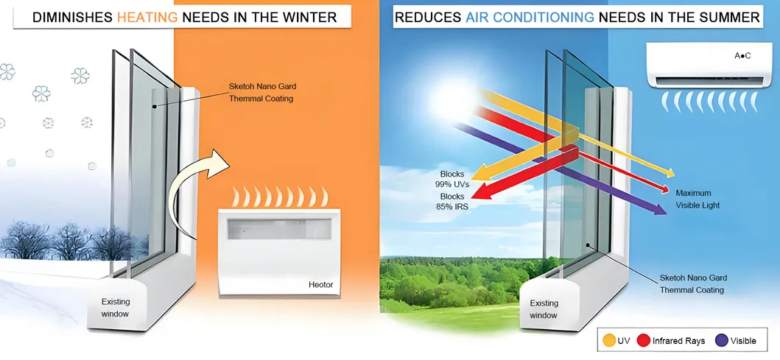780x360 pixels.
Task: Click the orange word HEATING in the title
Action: (146, 17)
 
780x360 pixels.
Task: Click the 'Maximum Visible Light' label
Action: (698, 200)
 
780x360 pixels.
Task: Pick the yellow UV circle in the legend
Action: (609, 341)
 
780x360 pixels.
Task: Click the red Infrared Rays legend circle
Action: (642, 341)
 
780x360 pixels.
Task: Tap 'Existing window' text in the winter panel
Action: (116, 308)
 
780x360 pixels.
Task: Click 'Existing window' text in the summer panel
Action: (544, 308)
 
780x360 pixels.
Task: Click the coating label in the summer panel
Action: (692, 283)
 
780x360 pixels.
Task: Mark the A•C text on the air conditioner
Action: (742, 56)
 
